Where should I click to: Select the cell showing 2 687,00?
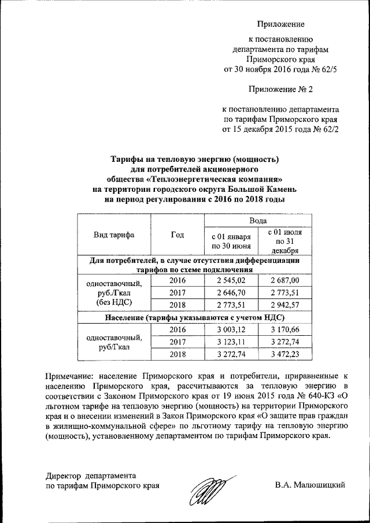pyautogui.click(x=287, y=280)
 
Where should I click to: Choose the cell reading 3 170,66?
pyautogui.click(x=287, y=329)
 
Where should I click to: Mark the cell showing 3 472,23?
pyautogui.click(x=287, y=354)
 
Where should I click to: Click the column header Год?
pyautogui.click(x=177, y=235)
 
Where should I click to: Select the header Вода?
pyautogui.click(x=258, y=220)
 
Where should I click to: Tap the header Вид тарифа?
pyautogui.click(x=114, y=235)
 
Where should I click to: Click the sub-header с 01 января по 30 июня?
pyautogui.click(x=231, y=242)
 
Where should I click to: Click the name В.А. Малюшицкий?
pyautogui.click(x=310, y=485)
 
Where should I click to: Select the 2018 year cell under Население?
pyautogui.click(x=177, y=354)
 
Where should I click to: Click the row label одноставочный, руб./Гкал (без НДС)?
pyautogui.click(x=114, y=292)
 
